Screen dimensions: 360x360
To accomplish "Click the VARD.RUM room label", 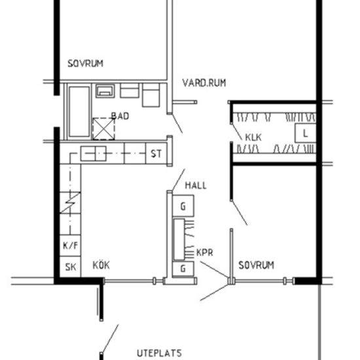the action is point(204,83).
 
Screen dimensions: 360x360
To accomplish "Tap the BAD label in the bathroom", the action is point(120,116).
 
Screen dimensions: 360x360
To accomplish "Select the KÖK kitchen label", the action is point(101,265).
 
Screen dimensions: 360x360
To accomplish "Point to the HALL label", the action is point(196,185).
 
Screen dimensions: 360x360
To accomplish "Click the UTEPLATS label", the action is point(159,353).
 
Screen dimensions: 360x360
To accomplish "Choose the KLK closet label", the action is point(253,137).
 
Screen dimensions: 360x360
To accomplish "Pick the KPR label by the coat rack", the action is point(205,253).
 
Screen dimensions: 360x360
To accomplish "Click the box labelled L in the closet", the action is point(306,133).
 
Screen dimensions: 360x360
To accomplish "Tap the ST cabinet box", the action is point(156,153).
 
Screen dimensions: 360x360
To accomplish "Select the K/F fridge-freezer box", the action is point(70,245).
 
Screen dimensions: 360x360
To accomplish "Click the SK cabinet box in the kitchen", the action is point(70,267).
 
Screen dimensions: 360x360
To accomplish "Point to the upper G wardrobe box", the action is point(183,206).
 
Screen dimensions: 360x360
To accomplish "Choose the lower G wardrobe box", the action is point(183,268).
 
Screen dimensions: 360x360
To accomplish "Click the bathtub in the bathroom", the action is point(79,111).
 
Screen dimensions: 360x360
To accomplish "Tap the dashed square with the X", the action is point(103,129).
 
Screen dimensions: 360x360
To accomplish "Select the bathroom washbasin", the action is point(105,91).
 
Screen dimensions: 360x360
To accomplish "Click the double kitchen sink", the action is point(94,153).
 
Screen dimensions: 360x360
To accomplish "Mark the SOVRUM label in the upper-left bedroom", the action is point(85,63).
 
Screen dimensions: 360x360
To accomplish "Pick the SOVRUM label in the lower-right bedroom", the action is point(256,265).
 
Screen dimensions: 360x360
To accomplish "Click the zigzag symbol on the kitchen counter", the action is point(70,203).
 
